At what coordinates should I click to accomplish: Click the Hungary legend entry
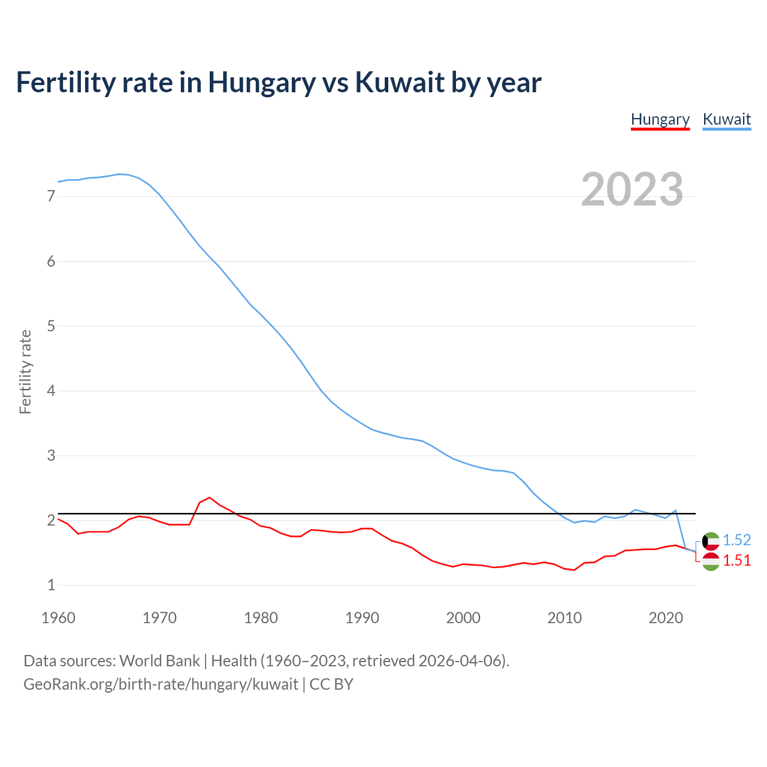click(660, 119)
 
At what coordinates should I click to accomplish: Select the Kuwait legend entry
click(726, 119)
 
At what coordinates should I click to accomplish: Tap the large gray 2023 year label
click(632, 189)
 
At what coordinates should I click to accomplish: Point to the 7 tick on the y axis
click(51, 197)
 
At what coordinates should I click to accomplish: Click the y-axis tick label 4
click(51, 391)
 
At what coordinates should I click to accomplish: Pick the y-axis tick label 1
click(51, 585)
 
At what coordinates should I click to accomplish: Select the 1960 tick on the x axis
click(58, 618)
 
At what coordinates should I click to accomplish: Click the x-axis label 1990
click(362, 618)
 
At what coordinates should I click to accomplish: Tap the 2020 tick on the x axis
click(666, 618)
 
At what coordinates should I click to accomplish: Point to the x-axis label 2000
click(463, 618)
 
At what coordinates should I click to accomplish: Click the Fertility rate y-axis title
click(25, 372)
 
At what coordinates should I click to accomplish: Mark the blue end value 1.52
click(736, 540)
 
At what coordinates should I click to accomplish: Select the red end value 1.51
click(736, 560)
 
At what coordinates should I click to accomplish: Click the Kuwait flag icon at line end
click(711, 541)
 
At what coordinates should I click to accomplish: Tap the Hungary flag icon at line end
click(711, 561)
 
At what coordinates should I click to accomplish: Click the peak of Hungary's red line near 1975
click(209, 497)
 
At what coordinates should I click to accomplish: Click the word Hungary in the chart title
click(261, 82)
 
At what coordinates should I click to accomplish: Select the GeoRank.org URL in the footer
click(161, 684)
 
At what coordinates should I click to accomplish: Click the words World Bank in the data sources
click(159, 661)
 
